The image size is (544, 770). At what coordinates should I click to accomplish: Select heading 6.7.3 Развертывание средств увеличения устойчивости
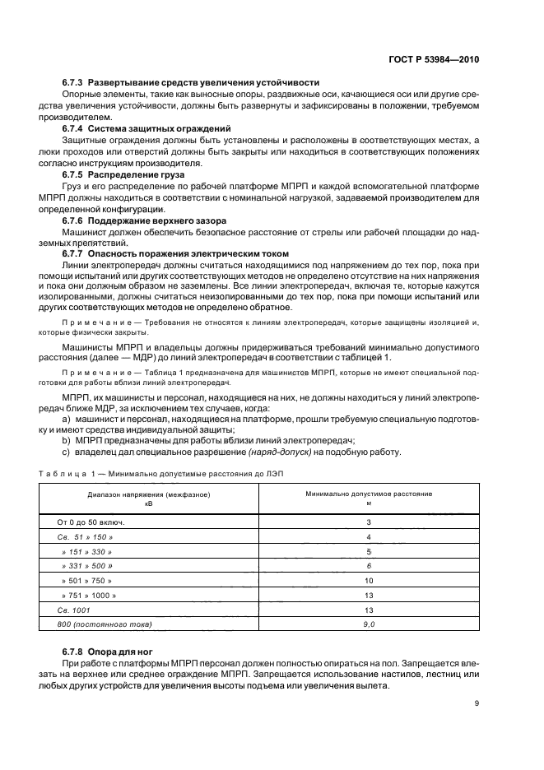191,83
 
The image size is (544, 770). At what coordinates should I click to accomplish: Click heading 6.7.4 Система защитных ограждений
146,129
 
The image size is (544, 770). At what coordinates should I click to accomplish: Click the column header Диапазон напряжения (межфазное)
149,494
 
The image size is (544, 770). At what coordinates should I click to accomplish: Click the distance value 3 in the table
369,522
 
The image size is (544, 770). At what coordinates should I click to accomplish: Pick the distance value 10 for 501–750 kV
369,580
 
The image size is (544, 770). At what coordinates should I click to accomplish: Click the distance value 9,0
369,624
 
